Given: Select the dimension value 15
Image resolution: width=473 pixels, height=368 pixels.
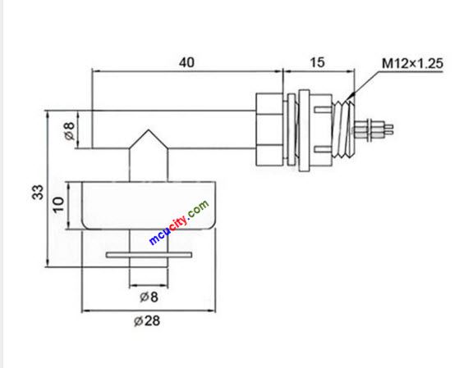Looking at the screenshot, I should (x=316, y=61).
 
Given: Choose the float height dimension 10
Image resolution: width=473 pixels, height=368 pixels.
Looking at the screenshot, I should (x=57, y=204).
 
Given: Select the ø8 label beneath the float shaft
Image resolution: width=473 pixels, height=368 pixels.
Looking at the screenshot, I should (x=149, y=295).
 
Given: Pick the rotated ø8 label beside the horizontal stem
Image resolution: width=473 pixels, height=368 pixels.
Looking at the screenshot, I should (x=69, y=129).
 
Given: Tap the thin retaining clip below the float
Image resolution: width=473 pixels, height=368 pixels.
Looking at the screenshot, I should (x=149, y=256).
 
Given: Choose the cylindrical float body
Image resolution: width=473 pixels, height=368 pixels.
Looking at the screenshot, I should (x=149, y=204).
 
